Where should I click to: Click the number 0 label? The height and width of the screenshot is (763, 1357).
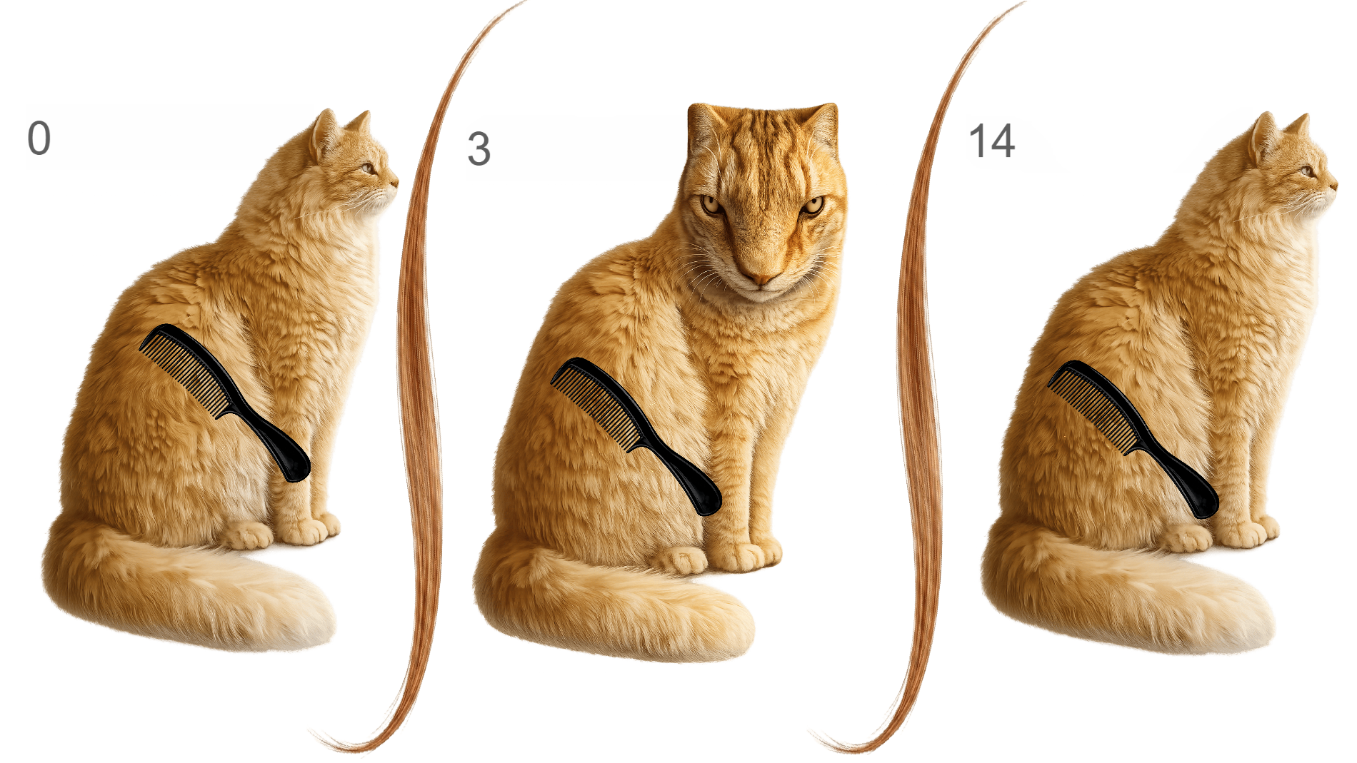coord(39,138)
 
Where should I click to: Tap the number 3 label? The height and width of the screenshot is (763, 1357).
coord(479,149)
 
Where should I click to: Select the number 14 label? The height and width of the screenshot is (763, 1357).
coord(991,141)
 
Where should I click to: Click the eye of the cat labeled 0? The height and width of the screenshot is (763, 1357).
coord(367,168)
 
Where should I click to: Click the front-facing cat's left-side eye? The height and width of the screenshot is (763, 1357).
coord(711,205)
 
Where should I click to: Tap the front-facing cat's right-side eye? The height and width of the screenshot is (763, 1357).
coord(813,206)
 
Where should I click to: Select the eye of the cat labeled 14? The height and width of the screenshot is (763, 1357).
coord(1306,171)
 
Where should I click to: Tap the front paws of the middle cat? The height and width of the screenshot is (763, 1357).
coord(721,557)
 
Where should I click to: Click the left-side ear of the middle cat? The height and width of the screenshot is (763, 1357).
coord(703,125)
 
